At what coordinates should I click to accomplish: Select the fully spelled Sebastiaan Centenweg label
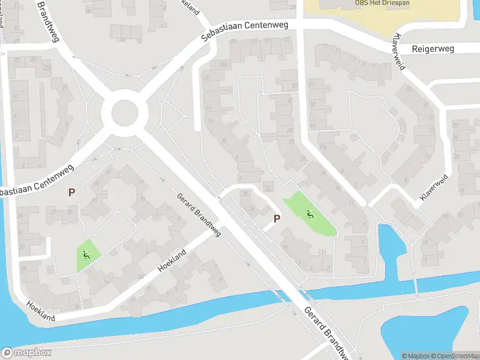tap(244, 31)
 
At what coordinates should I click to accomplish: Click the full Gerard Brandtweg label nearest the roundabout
tap(199, 215)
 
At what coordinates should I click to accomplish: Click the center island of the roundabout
tap(125, 112)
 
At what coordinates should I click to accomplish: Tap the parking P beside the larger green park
tap(277, 219)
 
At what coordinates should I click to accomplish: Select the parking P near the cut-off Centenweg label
tap(71, 193)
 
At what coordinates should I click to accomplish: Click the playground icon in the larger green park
tap(310, 214)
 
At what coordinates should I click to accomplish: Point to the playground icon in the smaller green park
tap(87, 255)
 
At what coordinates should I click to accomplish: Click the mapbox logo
tap(26, 353)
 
